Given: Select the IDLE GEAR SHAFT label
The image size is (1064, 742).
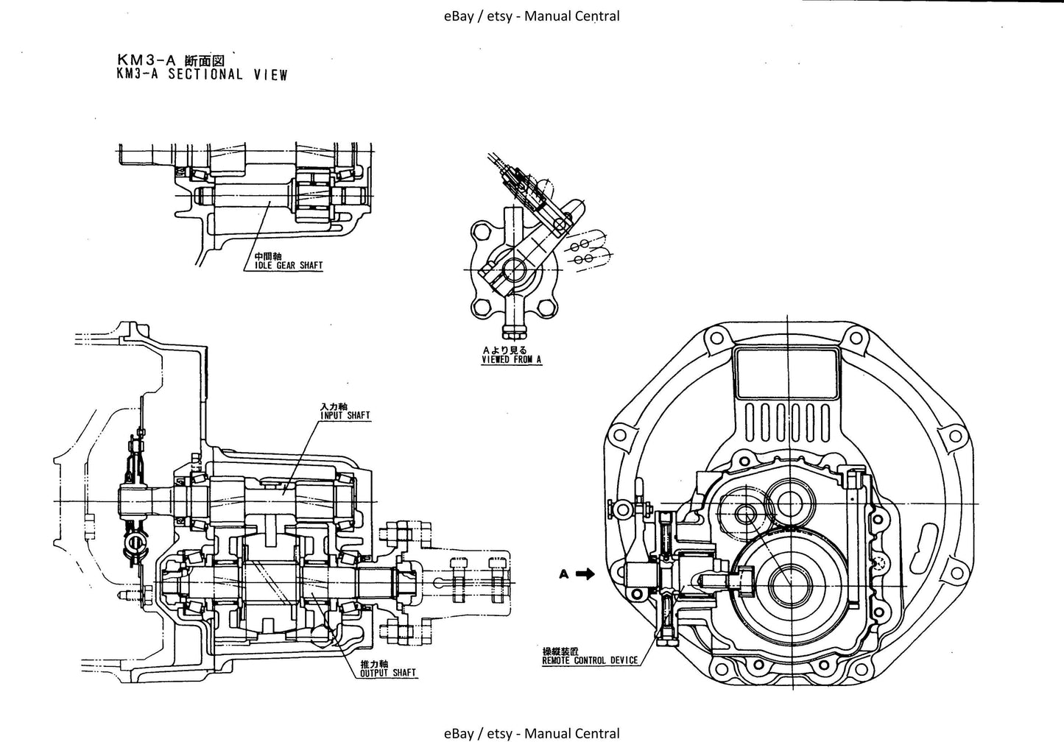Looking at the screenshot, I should (283, 266).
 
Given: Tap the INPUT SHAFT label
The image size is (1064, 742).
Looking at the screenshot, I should (345, 416).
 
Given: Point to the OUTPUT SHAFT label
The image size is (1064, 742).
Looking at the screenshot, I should (388, 672).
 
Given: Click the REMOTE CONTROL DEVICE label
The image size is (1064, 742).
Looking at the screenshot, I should (590, 660).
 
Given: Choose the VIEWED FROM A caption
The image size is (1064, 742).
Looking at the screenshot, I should (512, 360).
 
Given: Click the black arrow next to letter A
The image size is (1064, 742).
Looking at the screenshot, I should (585, 574).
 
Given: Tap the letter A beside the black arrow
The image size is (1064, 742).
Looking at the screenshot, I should (564, 574).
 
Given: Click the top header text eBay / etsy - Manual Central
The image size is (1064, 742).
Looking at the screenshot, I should (532, 15).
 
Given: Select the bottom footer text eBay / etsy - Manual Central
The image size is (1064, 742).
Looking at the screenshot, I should (532, 733).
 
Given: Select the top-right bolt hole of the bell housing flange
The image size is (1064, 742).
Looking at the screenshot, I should (855, 337).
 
